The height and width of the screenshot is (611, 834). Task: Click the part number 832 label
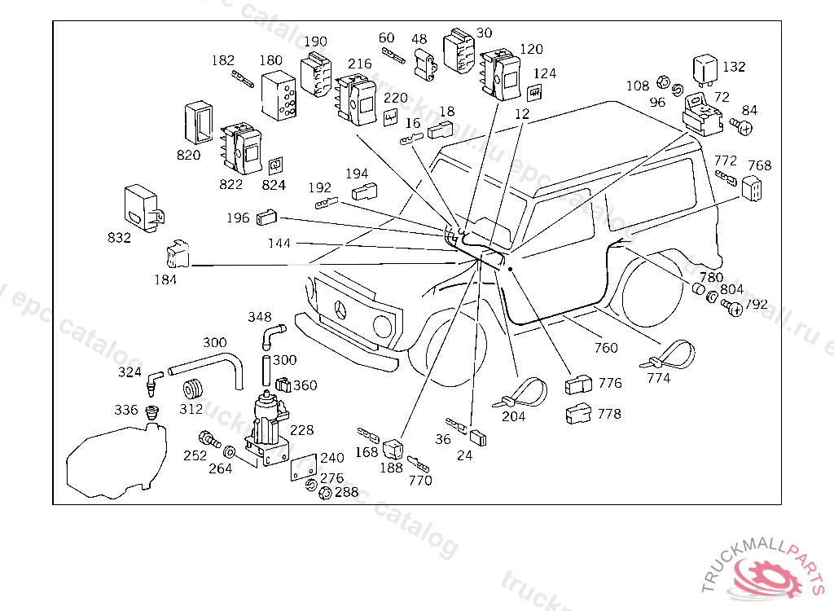point(119,238)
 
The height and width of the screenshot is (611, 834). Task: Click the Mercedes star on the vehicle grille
point(342,311)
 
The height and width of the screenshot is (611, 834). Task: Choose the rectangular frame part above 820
point(198,124)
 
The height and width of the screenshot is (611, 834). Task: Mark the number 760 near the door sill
point(606,348)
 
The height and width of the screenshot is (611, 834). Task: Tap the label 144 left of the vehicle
point(279,244)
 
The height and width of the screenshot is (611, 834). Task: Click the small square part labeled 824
point(276,166)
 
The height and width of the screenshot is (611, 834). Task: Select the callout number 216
point(359,64)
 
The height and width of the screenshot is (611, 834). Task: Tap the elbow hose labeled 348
point(271,335)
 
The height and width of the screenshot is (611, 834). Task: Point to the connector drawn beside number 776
point(580,383)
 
